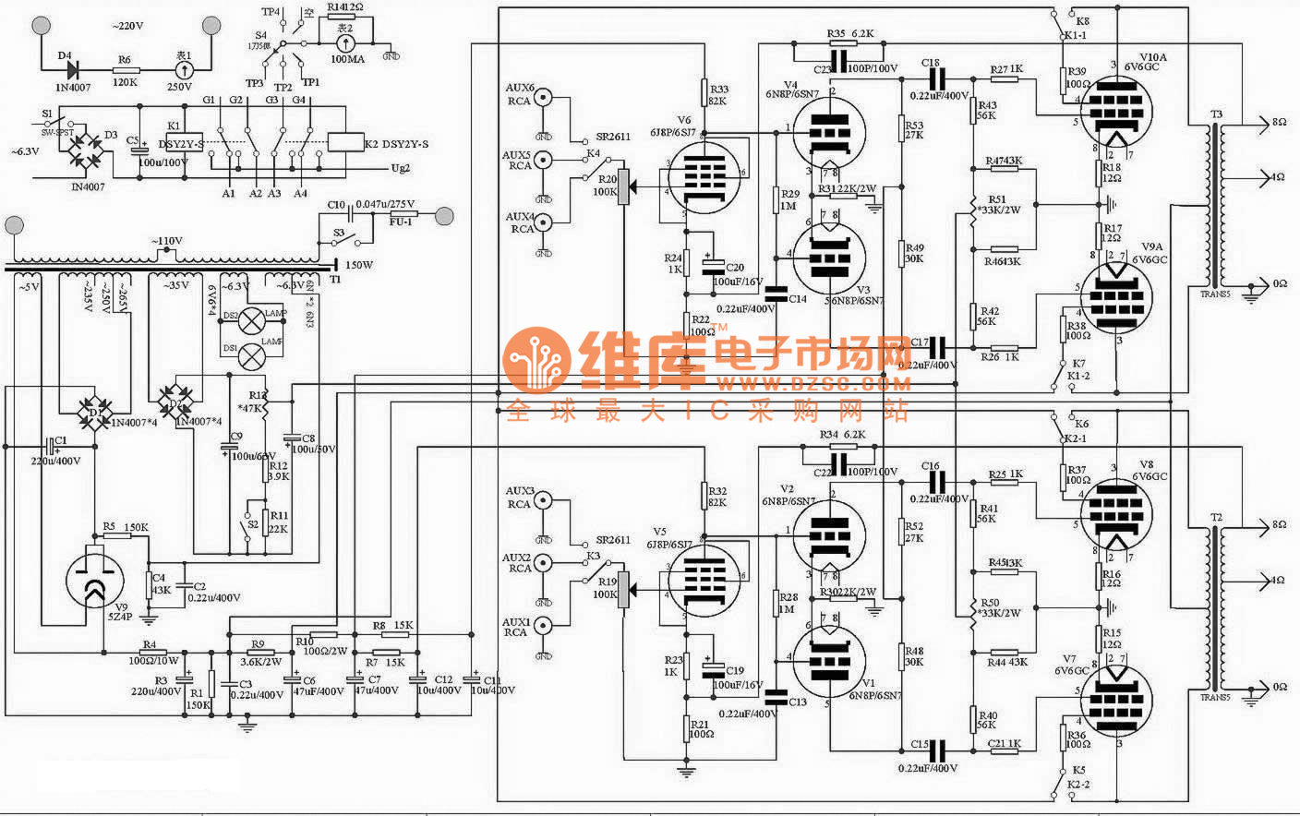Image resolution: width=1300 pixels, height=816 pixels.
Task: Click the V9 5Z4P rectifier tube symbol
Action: point(95,579)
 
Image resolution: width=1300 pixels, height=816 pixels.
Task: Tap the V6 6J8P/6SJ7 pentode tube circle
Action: point(704,177)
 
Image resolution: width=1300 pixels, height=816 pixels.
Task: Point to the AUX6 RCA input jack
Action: point(544,98)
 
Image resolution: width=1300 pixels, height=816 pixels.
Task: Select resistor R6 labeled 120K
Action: point(125,69)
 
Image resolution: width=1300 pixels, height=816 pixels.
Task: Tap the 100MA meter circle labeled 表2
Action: point(346,42)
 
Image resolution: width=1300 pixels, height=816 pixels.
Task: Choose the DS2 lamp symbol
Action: point(251,320)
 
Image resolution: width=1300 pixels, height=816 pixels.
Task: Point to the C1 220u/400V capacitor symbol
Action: point(54,450)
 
